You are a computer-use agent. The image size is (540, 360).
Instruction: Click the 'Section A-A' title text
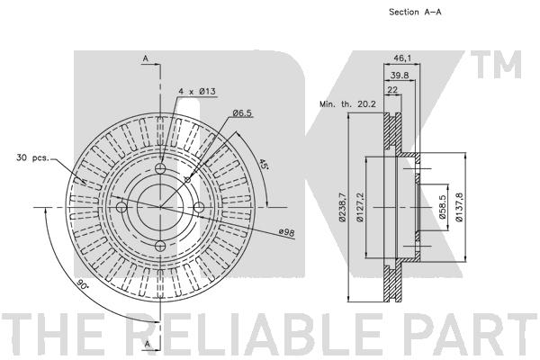click(x=415, y=12)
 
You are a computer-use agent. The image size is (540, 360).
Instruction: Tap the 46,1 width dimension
click(x=402, y=58)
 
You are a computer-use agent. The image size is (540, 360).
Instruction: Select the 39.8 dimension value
click(x=400, y=75)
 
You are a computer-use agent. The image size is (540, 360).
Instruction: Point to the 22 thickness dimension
click(x=392, y=90)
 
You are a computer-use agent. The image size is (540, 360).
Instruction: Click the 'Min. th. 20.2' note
click(x=347, y=104)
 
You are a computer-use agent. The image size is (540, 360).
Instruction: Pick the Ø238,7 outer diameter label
click(x=342, y=207)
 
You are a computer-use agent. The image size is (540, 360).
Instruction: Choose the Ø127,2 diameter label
click(x=360, y=207)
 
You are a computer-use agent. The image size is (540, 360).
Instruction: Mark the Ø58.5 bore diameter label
click(x=442, y=207)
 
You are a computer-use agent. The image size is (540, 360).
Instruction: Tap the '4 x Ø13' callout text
click(x=197, y=91)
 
